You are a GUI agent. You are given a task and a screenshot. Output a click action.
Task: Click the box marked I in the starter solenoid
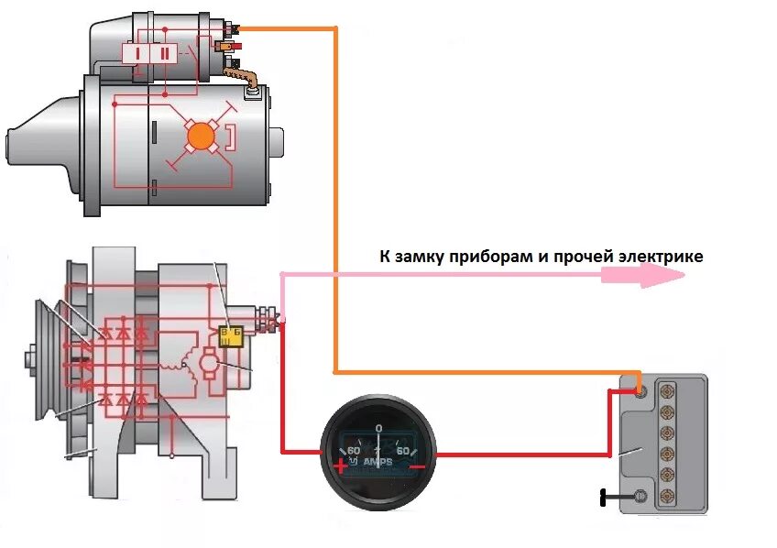(137, 53)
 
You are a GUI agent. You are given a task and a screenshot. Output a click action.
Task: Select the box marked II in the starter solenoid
(165, 53)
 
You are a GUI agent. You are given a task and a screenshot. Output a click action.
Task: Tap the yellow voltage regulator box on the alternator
(232, 334)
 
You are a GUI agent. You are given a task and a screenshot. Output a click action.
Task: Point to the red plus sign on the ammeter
(341, 465)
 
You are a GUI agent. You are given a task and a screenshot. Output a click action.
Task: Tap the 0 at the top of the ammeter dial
(378, 428)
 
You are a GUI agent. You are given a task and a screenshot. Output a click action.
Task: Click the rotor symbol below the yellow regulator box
(210, 365)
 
